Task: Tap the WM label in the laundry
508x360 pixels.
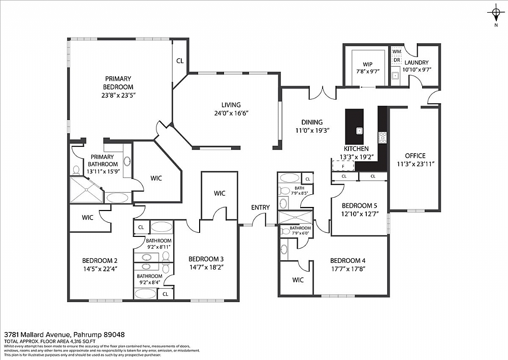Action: (x=397, y=51)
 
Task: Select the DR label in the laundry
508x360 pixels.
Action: (x=397, y=60)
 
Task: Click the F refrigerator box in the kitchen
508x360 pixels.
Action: (x=343, y=166)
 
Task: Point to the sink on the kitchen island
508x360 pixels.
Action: (x=359, y=131)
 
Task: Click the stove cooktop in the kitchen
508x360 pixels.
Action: (x=383, y=137)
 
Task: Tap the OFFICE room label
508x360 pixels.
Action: (x=415, y=156)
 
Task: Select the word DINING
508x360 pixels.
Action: (x=312, y=122)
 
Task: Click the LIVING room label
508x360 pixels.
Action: (x=231, y=105)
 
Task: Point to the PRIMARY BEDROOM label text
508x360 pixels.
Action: (x=118, y=83)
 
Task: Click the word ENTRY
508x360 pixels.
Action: (x=260, y=207)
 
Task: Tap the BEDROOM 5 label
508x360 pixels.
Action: (x=359, y=205)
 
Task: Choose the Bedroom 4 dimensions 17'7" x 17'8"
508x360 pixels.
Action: (x=348, y=269)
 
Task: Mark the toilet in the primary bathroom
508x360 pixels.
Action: (x=77, y=169)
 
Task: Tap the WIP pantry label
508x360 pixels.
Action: (x=368, y=64)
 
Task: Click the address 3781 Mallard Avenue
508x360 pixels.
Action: (x=39, y=334)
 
